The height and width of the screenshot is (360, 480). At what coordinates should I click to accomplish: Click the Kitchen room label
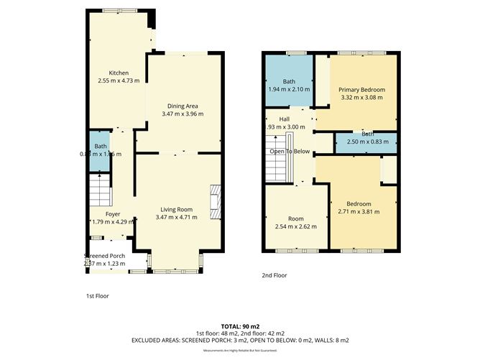point(119,73)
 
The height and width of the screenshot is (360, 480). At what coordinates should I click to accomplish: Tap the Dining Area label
point(180,106)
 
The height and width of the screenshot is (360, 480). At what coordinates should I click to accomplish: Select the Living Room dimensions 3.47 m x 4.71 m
point(180,218)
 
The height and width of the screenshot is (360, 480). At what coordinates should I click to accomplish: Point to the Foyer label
point(113,213)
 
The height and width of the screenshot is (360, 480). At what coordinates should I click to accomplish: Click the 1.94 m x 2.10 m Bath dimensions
point(290,89)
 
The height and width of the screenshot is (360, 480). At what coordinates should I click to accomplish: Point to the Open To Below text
point(290,152)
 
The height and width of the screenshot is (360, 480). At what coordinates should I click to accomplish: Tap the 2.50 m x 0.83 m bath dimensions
point(367,142)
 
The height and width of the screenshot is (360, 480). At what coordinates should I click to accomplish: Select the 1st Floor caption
point(98,295)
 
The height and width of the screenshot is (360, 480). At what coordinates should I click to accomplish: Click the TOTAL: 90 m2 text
point(239,326)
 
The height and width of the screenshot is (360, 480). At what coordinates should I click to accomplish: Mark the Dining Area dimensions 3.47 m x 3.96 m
point(180,114)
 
